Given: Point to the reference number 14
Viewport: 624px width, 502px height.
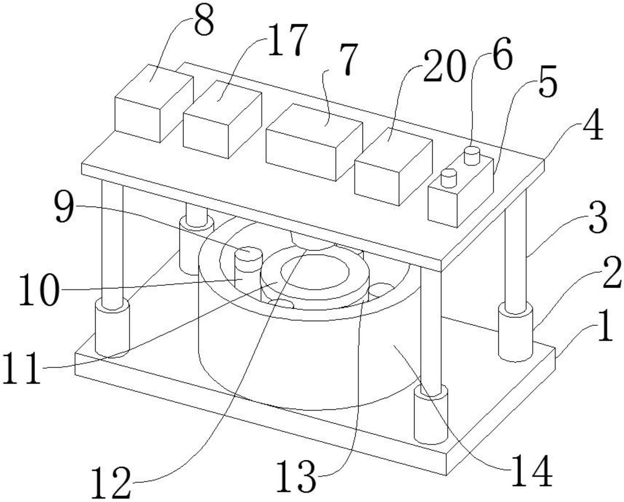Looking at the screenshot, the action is (532, 470).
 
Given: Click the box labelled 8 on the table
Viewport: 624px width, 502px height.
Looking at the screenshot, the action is (154, 103).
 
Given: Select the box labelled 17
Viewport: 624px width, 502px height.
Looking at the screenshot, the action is (222, 119).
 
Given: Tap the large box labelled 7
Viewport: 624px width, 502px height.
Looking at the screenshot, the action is (314, 143).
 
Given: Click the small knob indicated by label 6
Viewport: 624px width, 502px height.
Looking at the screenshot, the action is (472, 155).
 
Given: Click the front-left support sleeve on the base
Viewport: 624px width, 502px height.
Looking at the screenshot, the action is (112, 327).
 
